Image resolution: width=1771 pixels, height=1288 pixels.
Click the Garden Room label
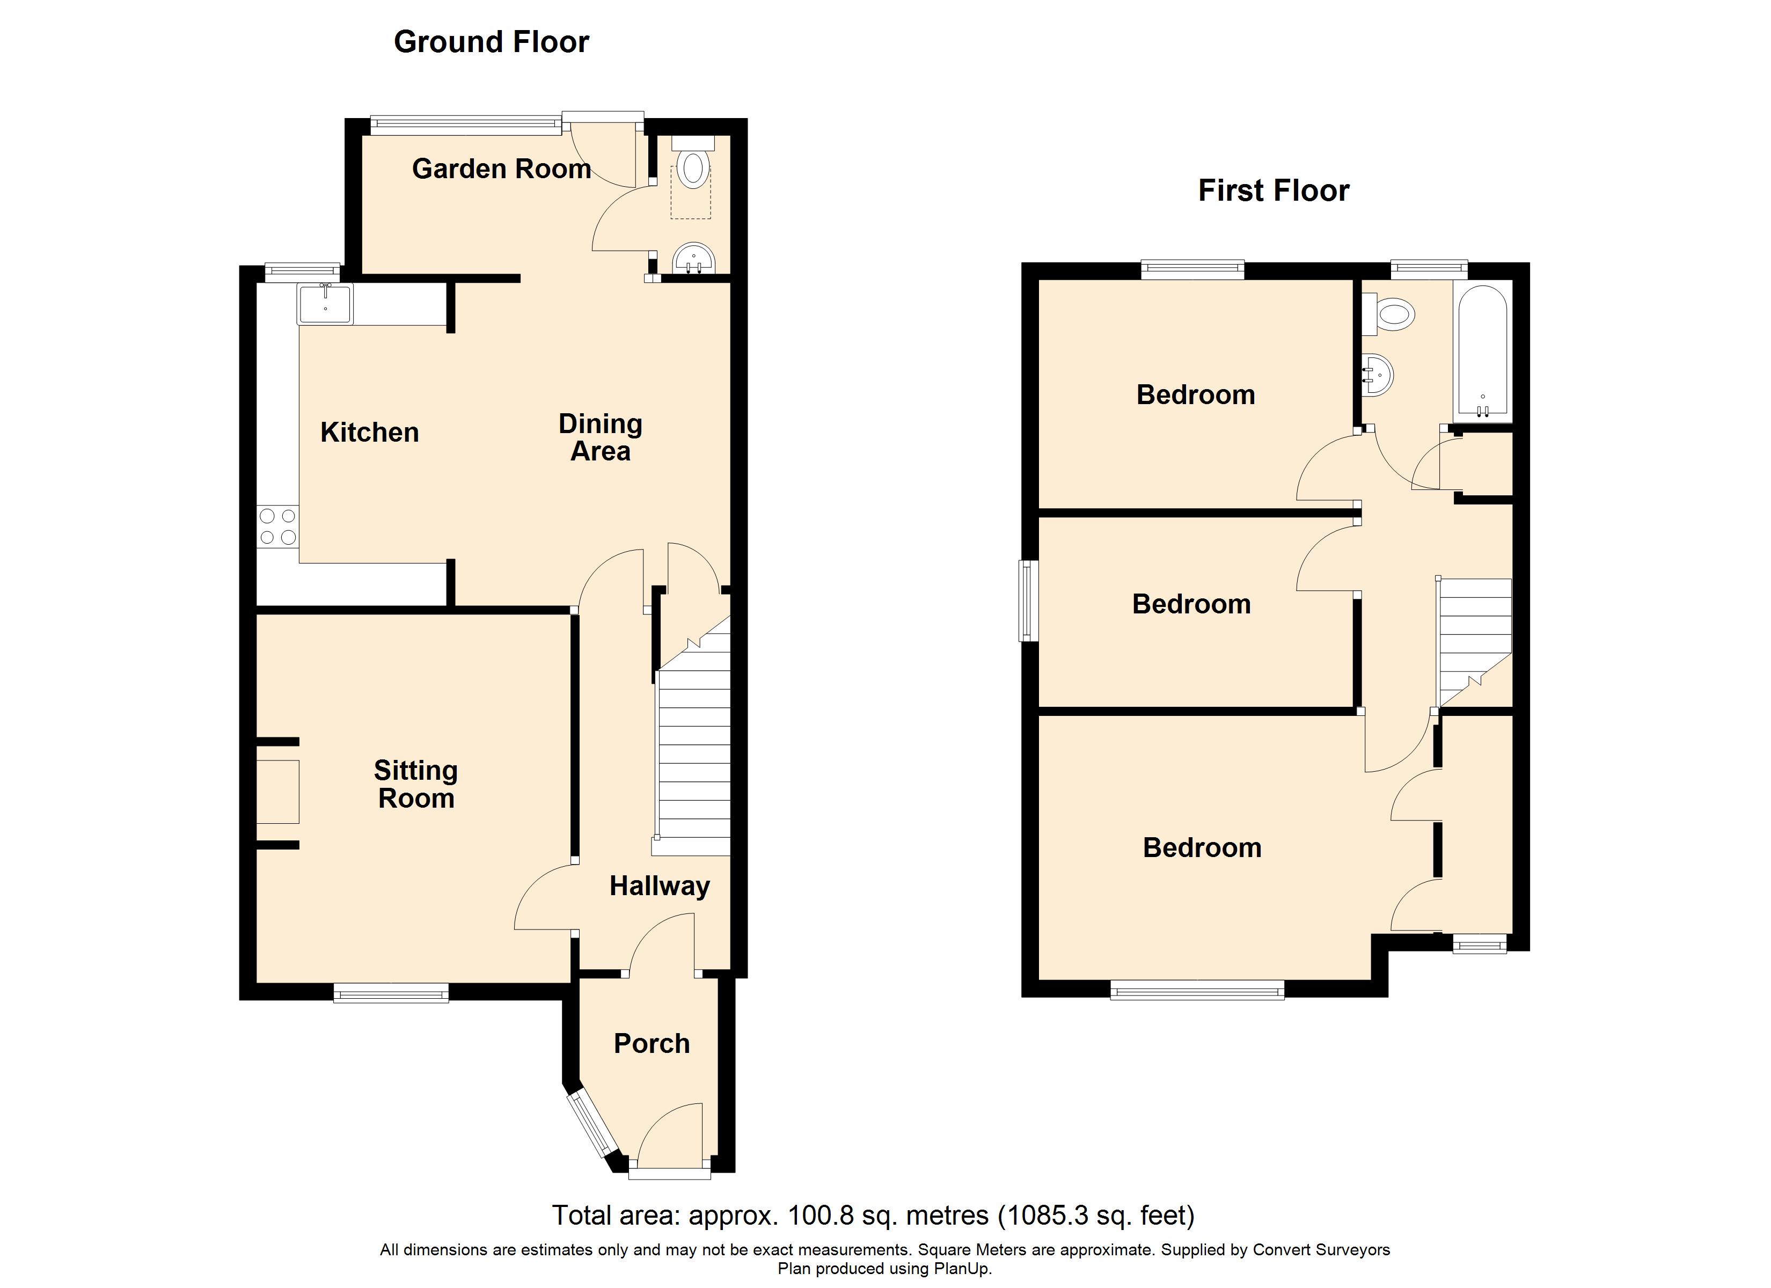point(501,169)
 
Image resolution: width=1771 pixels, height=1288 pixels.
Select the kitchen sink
point(325,303)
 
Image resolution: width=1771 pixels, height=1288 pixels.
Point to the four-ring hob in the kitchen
point(278,526)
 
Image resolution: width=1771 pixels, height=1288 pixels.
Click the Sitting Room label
point(416,784)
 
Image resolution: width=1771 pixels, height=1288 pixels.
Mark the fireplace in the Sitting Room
point(278,792)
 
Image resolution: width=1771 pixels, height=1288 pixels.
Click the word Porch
point(652,1043)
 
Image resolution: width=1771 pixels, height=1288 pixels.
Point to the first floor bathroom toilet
point(1388,316)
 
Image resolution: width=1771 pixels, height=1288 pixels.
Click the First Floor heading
point(1274,191)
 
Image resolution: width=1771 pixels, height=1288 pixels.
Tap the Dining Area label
point(601,437)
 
